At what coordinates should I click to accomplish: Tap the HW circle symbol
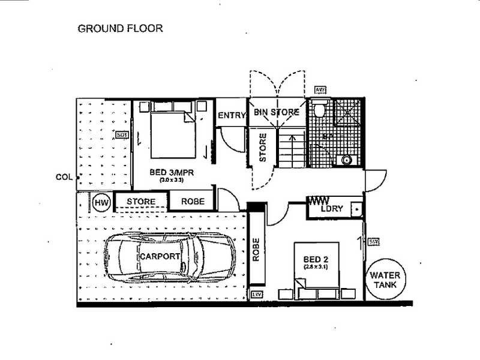click(100, 203)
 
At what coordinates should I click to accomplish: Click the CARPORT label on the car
click(160, 256)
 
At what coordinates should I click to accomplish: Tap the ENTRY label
click(232, 115)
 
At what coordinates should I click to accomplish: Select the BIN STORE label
click(277, 112)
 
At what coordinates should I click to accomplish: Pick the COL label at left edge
click(63, 177)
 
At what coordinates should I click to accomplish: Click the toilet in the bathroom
click(320, 110)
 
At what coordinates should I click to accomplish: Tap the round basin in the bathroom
click(346, 160)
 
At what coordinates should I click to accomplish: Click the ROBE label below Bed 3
click(192, 202)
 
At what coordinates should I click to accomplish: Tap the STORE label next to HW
click(142, 201)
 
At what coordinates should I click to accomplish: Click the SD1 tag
click(122, 135)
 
